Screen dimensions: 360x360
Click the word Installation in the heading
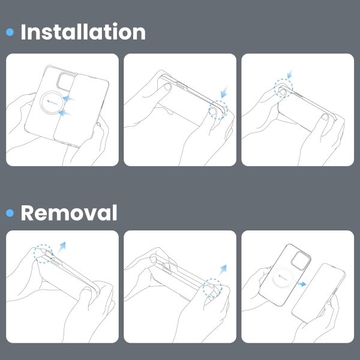coord(83,32)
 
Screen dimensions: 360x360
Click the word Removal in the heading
coord(69,213)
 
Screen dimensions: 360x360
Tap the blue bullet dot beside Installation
coord(10,32)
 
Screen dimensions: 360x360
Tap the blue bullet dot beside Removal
coord(10,213)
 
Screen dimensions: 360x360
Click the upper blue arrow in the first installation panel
coord(68,98)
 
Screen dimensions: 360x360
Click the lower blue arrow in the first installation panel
coord(65,113)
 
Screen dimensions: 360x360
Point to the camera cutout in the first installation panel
coord(66,82)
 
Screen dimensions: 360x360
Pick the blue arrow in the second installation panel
coord(224,92)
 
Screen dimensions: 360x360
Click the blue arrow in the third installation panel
coord(290,74)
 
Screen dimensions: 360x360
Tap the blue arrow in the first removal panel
coord(62,247)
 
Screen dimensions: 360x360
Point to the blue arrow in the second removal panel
coord(222,270)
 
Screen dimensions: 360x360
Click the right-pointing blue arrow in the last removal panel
coord(301,284)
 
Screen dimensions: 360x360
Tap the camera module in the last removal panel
coord(301,260)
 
